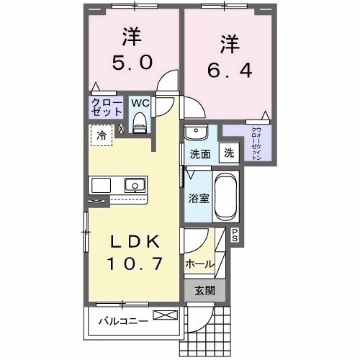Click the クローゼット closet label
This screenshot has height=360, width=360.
click(106, 107)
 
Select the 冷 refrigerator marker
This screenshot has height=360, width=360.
click(102, 135)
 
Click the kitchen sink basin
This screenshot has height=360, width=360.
click(133, 185)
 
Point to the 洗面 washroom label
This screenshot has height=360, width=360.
click(199, 153)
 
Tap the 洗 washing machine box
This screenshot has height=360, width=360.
click(228, 153)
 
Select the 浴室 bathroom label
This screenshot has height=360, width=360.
click(199, 198)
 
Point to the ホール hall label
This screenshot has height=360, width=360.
click(199, 264)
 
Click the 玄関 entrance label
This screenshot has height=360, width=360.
click(205, 291)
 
